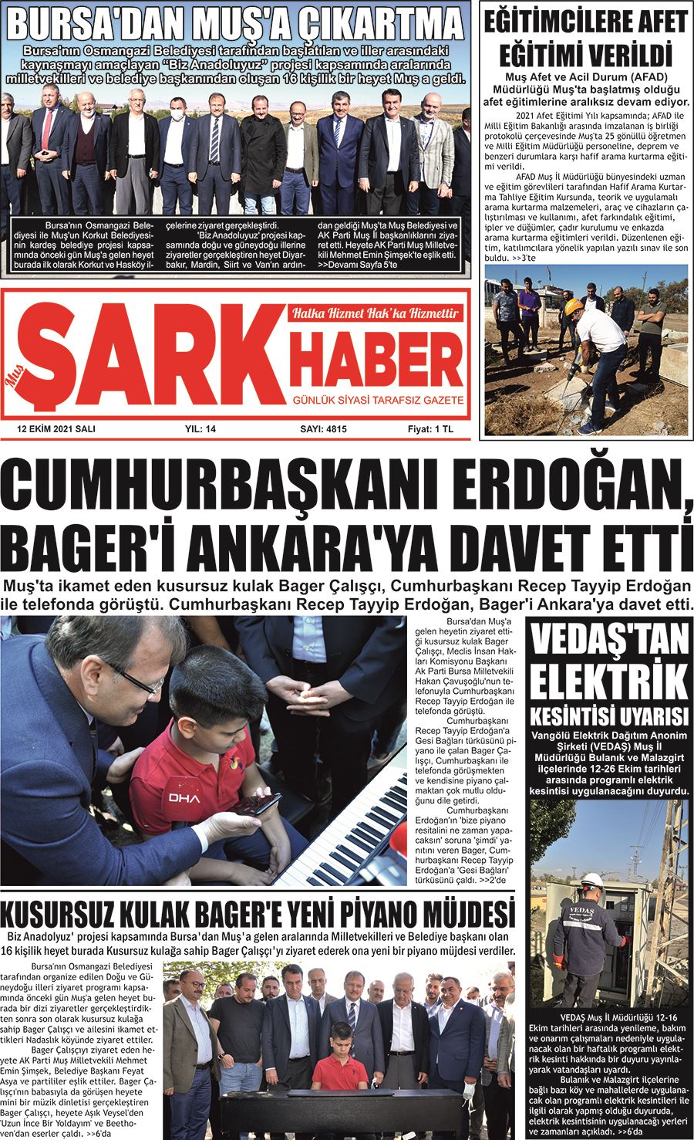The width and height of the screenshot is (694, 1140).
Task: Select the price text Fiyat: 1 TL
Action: click(x=431, y=429)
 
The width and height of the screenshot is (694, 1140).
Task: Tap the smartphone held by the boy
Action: click(x=257, y=805)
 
